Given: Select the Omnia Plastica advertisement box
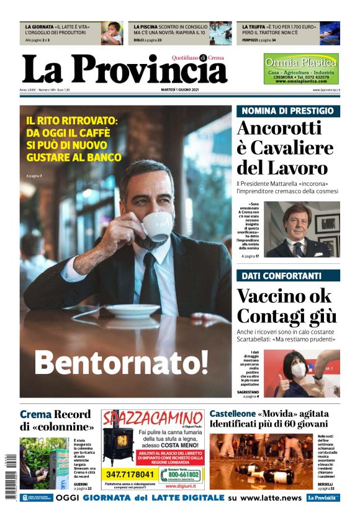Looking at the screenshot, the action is (x=301, y=69).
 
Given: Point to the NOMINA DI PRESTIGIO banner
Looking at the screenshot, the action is (x=287, y=111).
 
